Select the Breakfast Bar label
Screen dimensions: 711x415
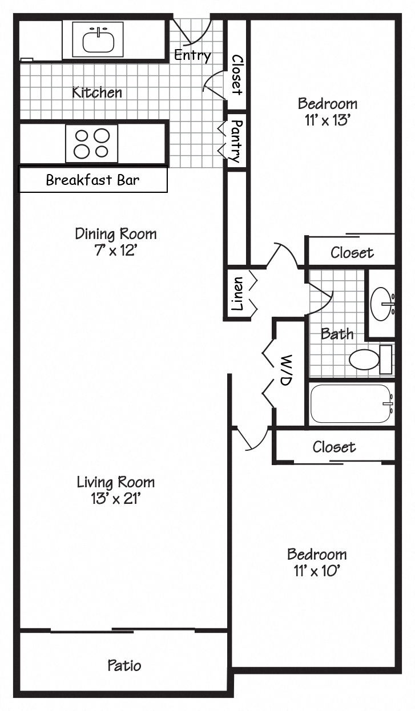92,180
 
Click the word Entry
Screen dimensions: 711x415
192,55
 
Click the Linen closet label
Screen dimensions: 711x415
237,294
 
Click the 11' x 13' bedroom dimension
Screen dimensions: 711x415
327,120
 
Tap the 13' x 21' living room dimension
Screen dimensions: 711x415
115,499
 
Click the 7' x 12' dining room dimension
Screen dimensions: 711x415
116,250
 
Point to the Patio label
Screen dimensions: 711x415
124,665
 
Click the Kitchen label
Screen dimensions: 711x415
96,92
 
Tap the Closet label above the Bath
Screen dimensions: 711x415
352,252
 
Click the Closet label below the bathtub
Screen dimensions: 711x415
334,447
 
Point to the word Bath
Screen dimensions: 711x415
337,334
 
